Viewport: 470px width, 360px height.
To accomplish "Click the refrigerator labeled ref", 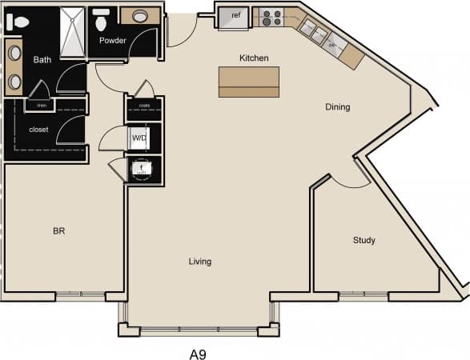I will tap(235, 15).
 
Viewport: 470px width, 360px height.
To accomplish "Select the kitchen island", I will tap(249, 82).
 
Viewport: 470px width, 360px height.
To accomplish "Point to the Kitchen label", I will tap(254, 58).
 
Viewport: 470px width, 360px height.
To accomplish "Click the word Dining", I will tap(337, 107).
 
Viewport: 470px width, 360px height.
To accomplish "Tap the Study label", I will tap(364, 240).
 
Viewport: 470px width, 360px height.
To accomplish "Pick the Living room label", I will tap(200, 262).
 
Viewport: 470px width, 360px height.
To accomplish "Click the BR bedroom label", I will tap(58, 231).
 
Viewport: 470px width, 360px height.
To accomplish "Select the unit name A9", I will tap(199, 351).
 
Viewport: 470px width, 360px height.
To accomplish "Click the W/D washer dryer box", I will tap(139, 138).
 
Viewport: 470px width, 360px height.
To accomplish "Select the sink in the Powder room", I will tap(140, 15).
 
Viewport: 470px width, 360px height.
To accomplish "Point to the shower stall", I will tap(74, 32).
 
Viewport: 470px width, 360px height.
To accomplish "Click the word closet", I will tap(38, 129).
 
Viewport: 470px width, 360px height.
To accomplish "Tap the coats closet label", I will tap(144, 104).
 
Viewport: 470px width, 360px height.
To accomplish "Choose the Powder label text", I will tap(112, 40).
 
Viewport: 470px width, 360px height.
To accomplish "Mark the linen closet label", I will tap(41, 105).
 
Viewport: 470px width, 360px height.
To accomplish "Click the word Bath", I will tap(42, 59).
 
